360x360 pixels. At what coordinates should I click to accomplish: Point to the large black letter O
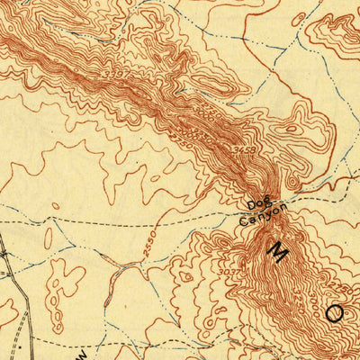click(x=335, y=312)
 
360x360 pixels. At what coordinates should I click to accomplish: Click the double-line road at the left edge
click(x=4, y=261)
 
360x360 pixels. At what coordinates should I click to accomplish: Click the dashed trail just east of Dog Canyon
click(x=310, y=193)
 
